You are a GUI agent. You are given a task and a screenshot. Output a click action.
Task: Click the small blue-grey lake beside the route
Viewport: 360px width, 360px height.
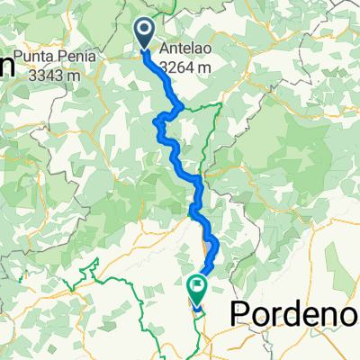click(x=209, y=247)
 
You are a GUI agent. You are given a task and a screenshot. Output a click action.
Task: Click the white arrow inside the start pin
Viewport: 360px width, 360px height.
click(x=146, y=31)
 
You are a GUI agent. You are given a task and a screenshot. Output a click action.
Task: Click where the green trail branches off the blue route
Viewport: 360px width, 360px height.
click(x=184, y=106)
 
